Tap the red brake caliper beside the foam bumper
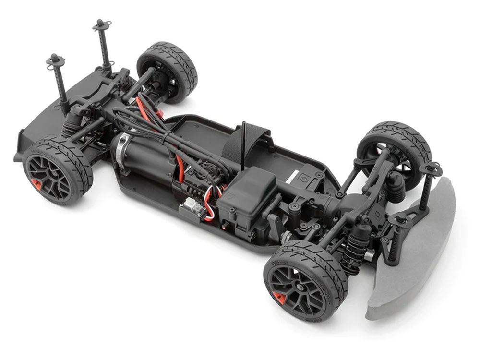pos(279,297)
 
